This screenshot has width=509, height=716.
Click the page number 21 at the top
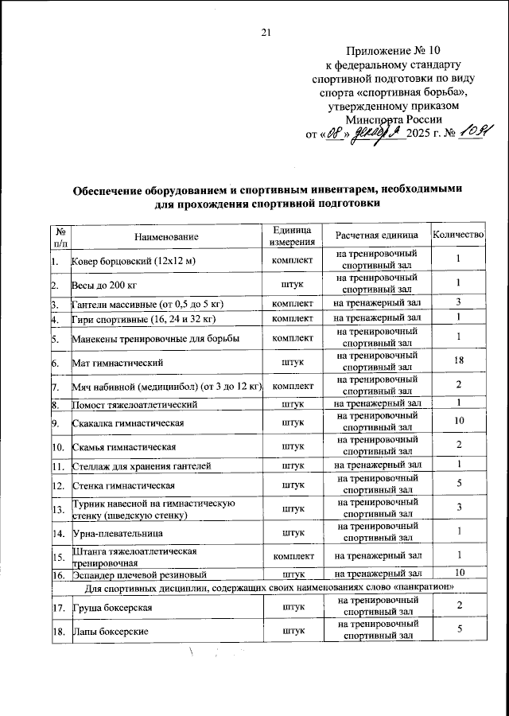point(266,32)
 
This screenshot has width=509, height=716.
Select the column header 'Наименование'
point(166,236)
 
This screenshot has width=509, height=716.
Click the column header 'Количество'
point(457,235)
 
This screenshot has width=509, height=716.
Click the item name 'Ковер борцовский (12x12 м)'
point(134,261)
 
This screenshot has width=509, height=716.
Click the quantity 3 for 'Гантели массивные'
point(458,302)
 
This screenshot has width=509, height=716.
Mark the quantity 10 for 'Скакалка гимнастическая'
point(458,420)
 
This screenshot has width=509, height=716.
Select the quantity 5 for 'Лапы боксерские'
point(458,630)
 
